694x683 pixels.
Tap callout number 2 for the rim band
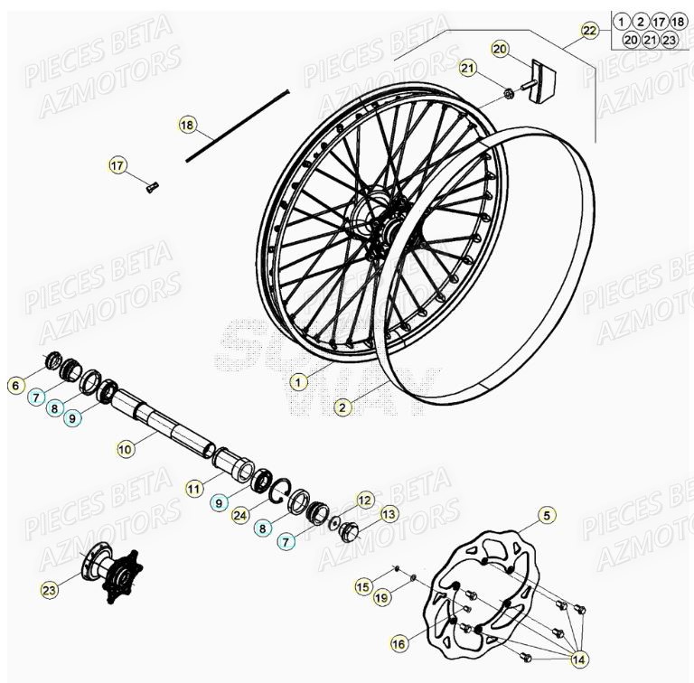tap(342, 407)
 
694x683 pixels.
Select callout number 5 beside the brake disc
tap(546, 516)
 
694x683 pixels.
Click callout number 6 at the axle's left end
tap(15, 386)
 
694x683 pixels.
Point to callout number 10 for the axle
tap(126, 446)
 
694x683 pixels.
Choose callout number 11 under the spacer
tap(194, 488)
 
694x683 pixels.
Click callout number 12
tap(364, 499)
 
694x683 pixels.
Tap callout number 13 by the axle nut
tap(389, 514)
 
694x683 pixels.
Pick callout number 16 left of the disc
tap(398, 643)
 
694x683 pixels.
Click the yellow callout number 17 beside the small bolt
tap(117, 165)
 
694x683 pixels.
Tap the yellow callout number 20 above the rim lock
tap(500, 48)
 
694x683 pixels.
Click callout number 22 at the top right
tap(589, 31)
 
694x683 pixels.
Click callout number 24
tap(239, 516)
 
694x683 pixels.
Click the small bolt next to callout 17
tap(151, 187)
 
